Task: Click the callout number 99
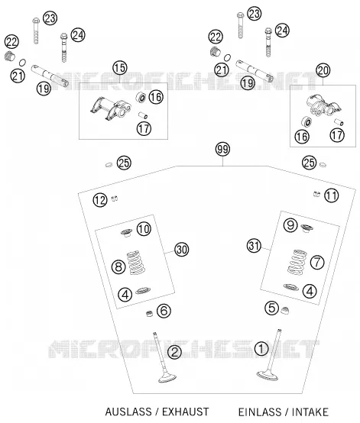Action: [223, 149]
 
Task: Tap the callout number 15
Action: [120, 68]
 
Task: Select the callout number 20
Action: [323, 70]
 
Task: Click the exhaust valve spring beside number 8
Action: [135, 263]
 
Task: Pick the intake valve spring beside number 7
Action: [297, 262]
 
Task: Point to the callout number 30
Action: [182, 250]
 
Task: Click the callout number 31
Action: [254, 246]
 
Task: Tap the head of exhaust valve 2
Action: [167, 377]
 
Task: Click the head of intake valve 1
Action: [267, 376]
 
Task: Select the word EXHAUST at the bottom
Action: [185, 412]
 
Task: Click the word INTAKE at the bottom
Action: [310, 412]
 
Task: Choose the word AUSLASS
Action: [128, 412]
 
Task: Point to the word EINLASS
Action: [260, 412]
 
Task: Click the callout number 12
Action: [100, 200]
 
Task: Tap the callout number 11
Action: [332, 195]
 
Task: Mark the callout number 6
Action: [164, 311]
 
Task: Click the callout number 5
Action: [271, 308]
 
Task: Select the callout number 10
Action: [144, 229]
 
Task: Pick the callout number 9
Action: [290, 225]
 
